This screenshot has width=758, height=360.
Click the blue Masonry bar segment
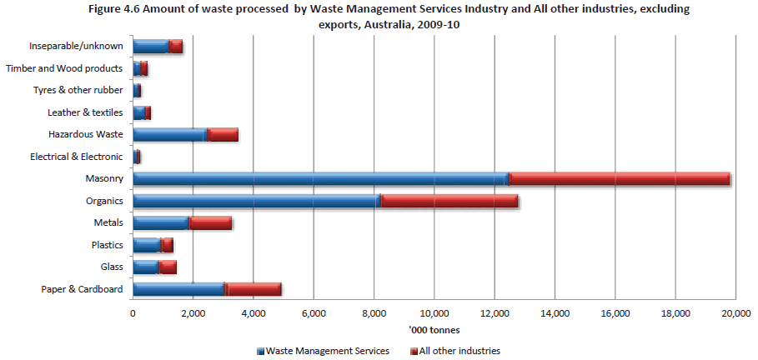tap(321, 178)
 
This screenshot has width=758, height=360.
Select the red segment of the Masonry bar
tap(620, 178)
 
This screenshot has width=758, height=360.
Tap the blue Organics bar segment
tap(256, 200)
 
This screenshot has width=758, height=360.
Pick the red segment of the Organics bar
tap(449, 200)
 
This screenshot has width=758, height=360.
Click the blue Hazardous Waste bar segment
tap(169, 134)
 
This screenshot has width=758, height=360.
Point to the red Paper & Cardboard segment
tap(254, 289)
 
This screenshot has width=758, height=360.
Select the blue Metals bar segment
tap(161, 222)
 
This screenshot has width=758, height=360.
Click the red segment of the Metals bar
tap(210, 222)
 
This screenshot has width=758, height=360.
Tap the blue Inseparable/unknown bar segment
tap(151, 46)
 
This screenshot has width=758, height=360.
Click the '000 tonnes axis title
tap(434, 330)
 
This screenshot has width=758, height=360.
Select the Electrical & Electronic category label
tap(76, 157)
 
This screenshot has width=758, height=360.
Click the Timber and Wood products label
tap(64, 68)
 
